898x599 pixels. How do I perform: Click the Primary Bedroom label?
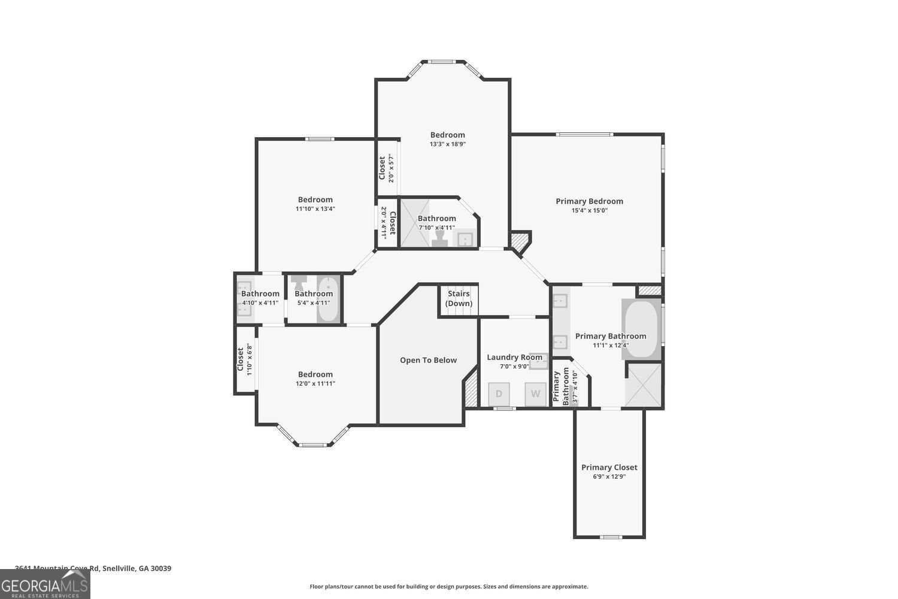pyautogui.click(x=589, y=201)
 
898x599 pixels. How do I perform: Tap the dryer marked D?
pyautogui.click(x=499, y=394)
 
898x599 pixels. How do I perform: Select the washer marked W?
pyautogui.click(x=536, y=394)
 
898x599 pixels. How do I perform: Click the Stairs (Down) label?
pyautogui.click(x=459, y=299)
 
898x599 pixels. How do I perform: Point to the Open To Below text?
pyautogui.click(x=428, y=360)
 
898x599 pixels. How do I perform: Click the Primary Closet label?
pyautogui.click(x=609, y=467)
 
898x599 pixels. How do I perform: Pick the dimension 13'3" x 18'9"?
pyautogui.click(x=447, y=144)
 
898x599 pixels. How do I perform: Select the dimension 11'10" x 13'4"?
pyautogui.click(x=315, y=209)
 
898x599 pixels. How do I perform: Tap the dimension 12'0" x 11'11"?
pyautogui.click(x=315, y=384)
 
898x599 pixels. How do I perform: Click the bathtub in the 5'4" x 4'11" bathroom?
pyautogui.click(x=328, y=299)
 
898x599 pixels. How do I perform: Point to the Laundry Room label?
pyautogui.click(x=514, y=357)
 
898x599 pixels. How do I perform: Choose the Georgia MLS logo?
pyautogui.click(x=45, y=584)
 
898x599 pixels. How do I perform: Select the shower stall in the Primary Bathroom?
pyautogui.click(x=644, y=385)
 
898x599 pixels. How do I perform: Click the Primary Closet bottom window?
pyautogui.click(x=611, y=537)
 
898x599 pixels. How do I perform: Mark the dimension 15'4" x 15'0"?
pyautogui.click(x=589, y=211)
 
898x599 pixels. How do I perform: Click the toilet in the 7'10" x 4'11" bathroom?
pyautogui.click(x=440, y=239)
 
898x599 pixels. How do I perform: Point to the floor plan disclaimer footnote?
pyautogui.click(x=448, y=587)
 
